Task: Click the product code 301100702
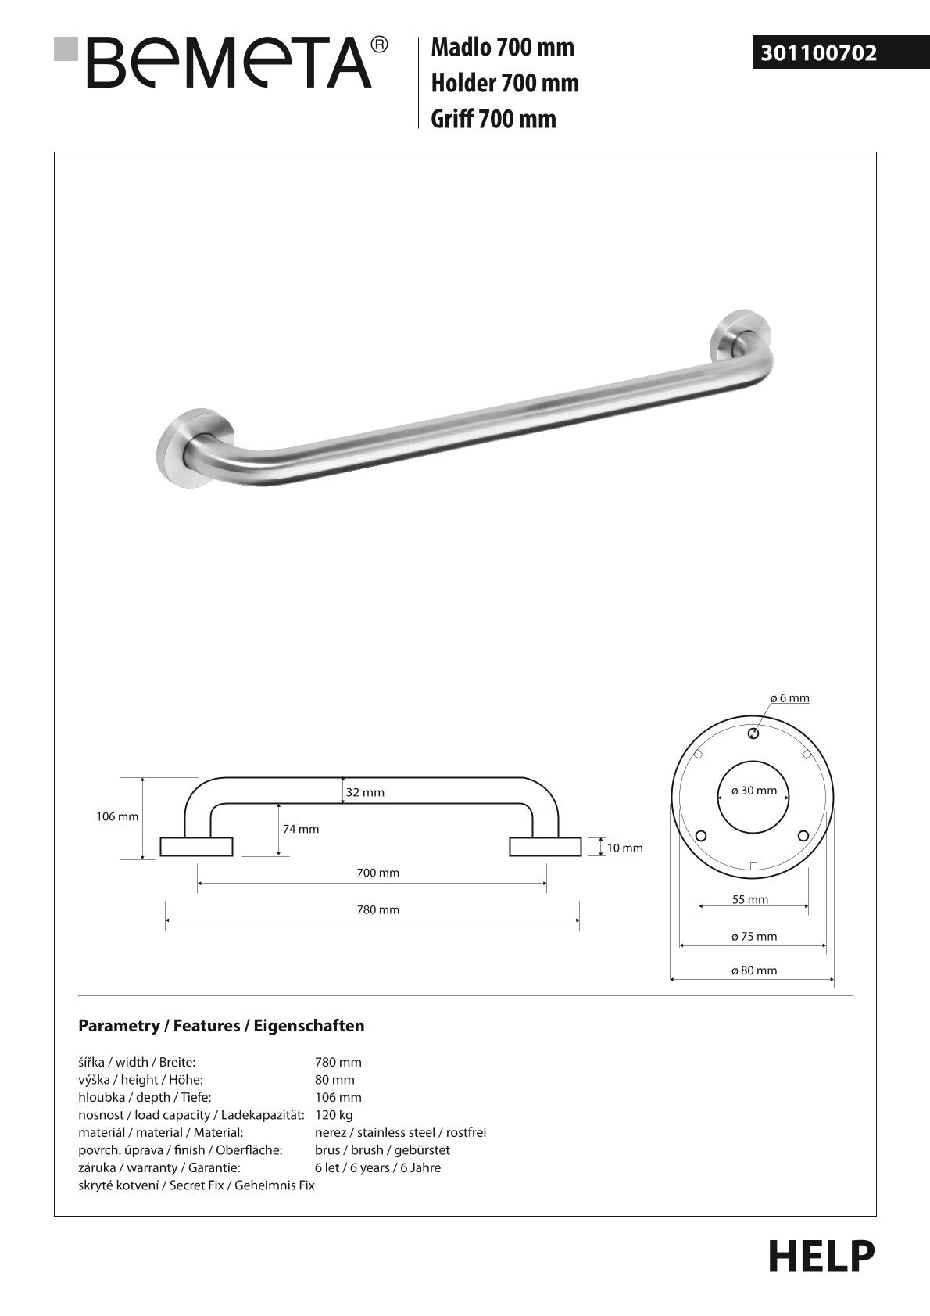tap(819, 53)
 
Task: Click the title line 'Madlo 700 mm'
tap(503, 48)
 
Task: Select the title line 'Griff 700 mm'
tap(493, 119)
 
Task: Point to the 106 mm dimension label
tap(117, 816)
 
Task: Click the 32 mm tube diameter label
tap(365, 792)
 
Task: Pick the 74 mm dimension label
tap(301, 829)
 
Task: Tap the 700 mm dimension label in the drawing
tap(378, 873)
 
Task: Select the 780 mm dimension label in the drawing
tap(378, 909)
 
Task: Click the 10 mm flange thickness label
tap(624, 848)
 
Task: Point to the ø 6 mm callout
tap(789, 697)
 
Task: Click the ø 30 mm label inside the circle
tap(754, 791)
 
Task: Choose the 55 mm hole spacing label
tap(750, 899)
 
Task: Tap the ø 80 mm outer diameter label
tap(754, 970)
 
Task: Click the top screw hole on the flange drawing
tap(753, 733)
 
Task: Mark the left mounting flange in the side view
tap(196, 847)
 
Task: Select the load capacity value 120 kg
tap(334, 1115)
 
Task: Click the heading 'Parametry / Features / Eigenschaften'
tap(221, 1026)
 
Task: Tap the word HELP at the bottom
tap(821, 1257)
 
